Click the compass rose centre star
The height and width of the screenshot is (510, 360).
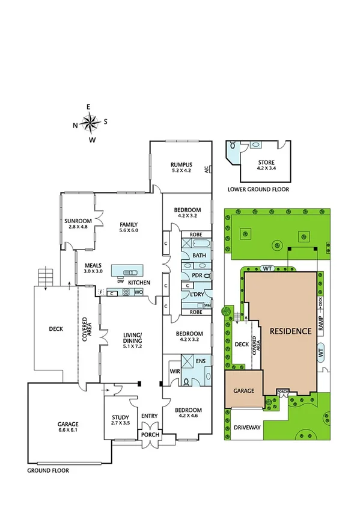point(90,124)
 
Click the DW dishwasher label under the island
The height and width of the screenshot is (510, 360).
point(121,281)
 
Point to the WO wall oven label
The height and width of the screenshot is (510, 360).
point(138,292)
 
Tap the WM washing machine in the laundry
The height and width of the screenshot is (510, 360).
point(207,305)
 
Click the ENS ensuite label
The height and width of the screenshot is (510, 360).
point(201,361)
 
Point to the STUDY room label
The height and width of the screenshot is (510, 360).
point(121,417)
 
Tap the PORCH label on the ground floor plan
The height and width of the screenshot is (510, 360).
point(148,434)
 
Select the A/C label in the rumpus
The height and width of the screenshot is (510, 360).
point(207,170)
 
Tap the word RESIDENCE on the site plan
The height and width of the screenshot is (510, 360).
point(290,331)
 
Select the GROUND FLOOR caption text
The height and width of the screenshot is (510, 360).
point(48,470)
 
